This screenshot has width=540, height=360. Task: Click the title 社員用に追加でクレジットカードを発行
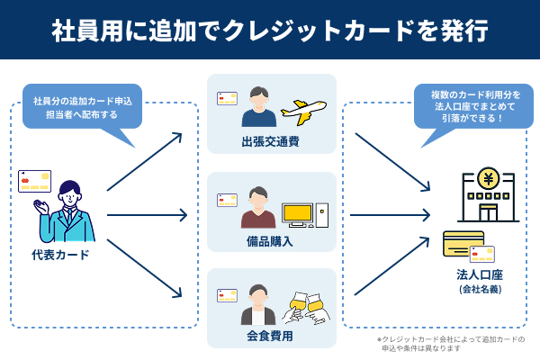[270, 30]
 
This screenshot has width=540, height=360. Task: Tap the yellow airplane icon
[302, 111]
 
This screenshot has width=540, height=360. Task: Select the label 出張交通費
[271, 141]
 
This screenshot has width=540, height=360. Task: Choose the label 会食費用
[271, 337]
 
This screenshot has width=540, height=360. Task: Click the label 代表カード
[60, 255]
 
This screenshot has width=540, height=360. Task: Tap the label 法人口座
[480, 274]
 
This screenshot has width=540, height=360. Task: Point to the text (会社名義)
[480, 290]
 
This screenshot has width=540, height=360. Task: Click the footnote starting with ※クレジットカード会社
[450, 344]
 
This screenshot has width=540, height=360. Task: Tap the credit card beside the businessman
[34, 181]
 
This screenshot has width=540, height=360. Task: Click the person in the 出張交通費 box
[258, 108]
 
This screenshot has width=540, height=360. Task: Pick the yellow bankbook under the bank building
[462, 243]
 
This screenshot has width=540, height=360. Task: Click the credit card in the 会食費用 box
[227, 295]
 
